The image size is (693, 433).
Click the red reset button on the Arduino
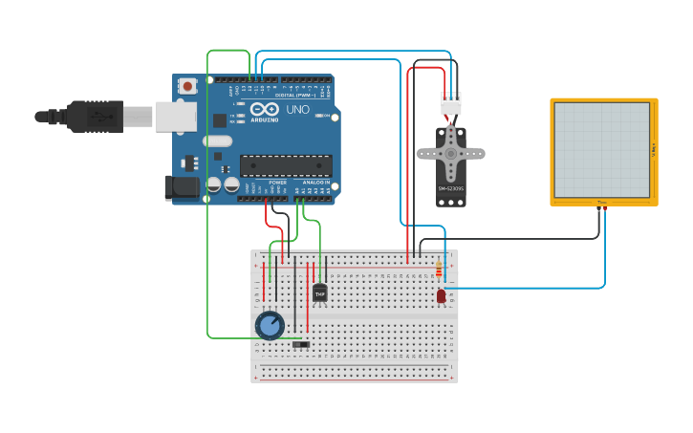(x=187, y=86)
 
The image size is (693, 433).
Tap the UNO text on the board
(x=298, y=110)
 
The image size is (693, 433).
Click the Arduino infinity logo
(x=264, y=110)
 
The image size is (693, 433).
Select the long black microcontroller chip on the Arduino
(x=286, y=165)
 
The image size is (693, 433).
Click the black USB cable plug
(x=96, y=116)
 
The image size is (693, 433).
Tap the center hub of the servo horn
(x=450, y=152)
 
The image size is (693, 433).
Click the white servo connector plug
(x=451, y=102)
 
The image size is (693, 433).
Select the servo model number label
(x=450, y=188)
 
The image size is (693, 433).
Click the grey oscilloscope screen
(x=601, y=150)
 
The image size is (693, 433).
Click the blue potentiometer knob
(x=270, y=325)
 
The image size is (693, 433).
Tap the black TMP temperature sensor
(x=319, y=292)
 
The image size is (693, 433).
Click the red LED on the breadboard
(x=441, y=296)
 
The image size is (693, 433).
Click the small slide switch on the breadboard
(x=301, y=343)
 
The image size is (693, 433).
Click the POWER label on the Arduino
(x=277, y=182)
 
